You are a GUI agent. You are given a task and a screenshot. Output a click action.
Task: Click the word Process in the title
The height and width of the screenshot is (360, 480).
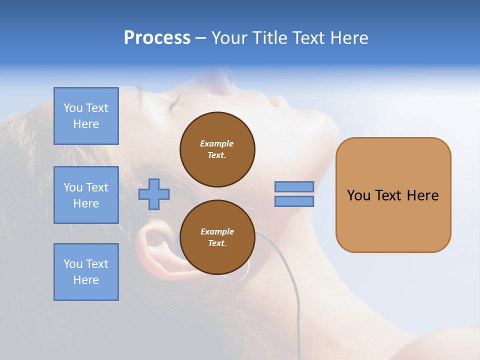click(157, 38)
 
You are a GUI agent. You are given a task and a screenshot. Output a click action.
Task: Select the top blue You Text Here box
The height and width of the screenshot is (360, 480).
click(86, 116)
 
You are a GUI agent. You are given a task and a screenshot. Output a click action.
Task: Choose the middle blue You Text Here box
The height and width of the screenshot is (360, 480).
click(86, 195)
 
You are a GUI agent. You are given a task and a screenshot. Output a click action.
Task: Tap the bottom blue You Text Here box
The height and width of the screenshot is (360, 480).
click(86, 272)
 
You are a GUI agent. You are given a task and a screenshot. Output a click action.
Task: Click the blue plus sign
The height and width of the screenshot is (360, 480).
click(154, 194)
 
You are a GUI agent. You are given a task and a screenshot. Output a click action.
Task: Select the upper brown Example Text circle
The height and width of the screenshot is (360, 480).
click(217, 149)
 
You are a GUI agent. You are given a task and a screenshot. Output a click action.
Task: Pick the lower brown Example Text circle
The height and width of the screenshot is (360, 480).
click(217, 237)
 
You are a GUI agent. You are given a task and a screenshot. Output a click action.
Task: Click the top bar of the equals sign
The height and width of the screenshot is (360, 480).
click(294, 186)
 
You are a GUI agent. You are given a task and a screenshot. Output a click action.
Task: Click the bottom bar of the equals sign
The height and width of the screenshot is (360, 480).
click(294, 201)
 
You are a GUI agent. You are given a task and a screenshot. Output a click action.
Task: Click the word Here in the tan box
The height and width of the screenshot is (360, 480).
click(422, 195)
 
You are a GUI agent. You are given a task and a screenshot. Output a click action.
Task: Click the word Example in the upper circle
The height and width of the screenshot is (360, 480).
click(216, 143)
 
